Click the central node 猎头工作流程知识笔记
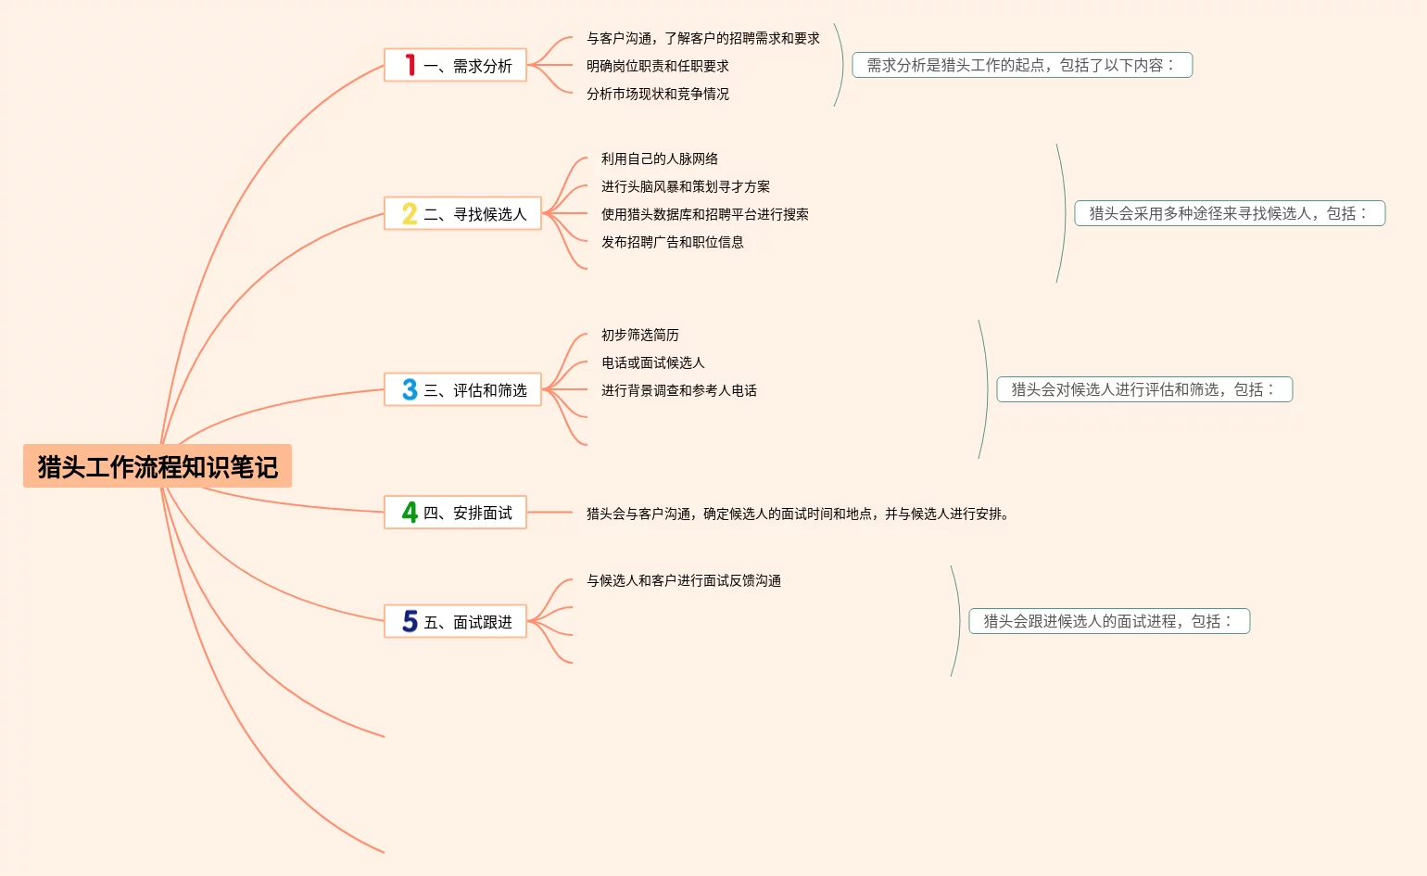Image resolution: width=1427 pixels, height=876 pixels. coord(158,465)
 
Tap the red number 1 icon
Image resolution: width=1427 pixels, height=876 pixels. coord(410,65)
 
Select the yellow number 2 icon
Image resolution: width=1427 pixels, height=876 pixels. coord(410,213)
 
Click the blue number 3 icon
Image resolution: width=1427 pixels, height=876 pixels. coord(410,389)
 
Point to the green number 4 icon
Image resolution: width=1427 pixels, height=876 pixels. coord(410,513)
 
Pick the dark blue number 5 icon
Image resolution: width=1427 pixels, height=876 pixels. coord(410,621)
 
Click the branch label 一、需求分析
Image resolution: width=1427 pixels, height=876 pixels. coord(468,66)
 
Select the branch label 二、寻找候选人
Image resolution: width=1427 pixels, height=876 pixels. coord(475,214)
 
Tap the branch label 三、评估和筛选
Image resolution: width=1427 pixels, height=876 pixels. coord(475,390)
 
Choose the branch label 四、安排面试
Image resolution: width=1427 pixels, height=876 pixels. coord(468,513)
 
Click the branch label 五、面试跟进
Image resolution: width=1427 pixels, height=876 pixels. coord(468,622)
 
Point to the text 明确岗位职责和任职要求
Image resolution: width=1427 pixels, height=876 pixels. coord(658,66)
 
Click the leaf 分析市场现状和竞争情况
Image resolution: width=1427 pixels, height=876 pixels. coord(658,94)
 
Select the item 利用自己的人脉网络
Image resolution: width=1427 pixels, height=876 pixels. coord(660,159)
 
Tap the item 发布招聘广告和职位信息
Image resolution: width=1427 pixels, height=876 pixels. coord(672,242)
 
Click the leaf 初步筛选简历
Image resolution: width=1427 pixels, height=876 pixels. coord(639,336)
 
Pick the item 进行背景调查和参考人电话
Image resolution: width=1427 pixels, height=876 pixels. coord(678,390)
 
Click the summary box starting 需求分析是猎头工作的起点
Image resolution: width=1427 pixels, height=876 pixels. coord(1022,65)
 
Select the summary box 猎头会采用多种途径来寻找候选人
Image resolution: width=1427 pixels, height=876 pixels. coord(1230,213)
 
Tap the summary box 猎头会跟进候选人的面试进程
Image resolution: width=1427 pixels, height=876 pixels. coord(1109,621)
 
